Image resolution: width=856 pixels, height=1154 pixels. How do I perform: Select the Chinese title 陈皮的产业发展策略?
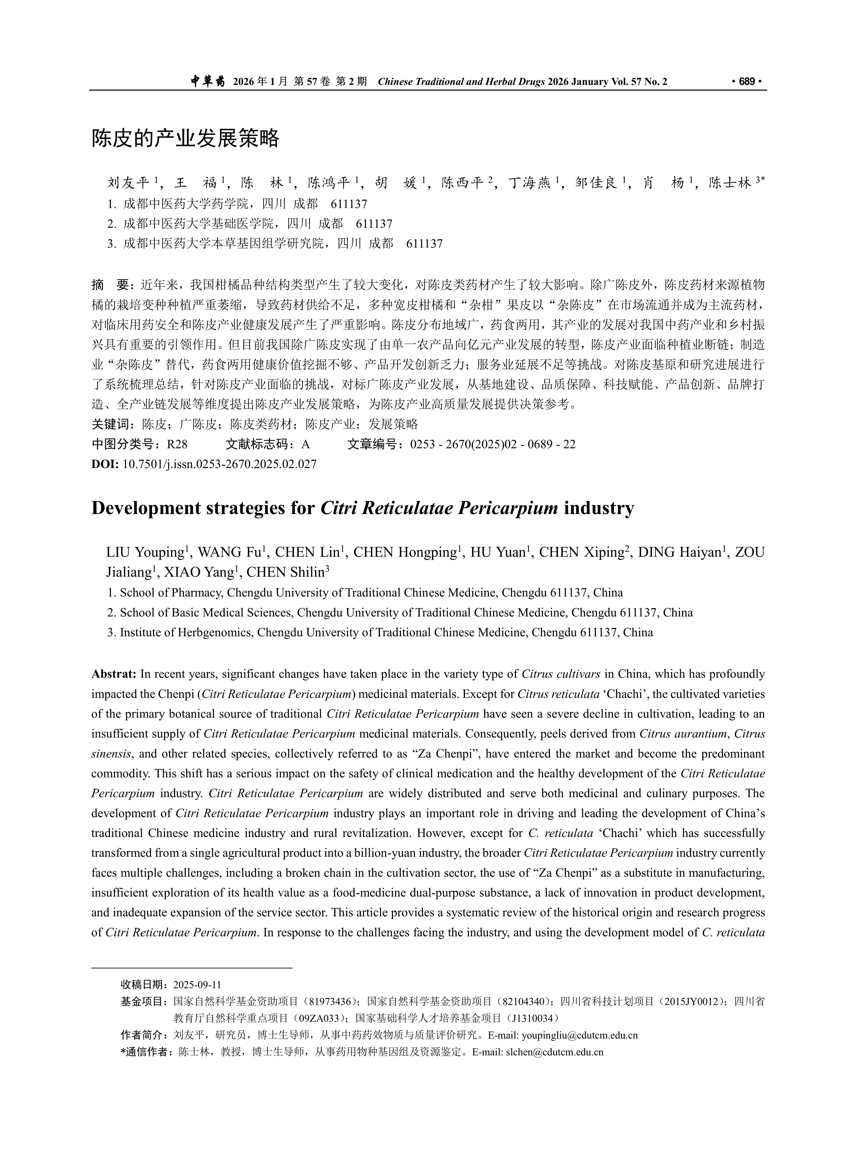pos(186,138)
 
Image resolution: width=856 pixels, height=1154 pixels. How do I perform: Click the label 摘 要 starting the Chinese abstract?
pos(110,285)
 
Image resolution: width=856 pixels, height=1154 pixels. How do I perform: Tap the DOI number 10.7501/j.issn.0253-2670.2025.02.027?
pos(219,464)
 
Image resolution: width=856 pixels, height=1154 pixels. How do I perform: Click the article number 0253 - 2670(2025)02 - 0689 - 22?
pos(492,444)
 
